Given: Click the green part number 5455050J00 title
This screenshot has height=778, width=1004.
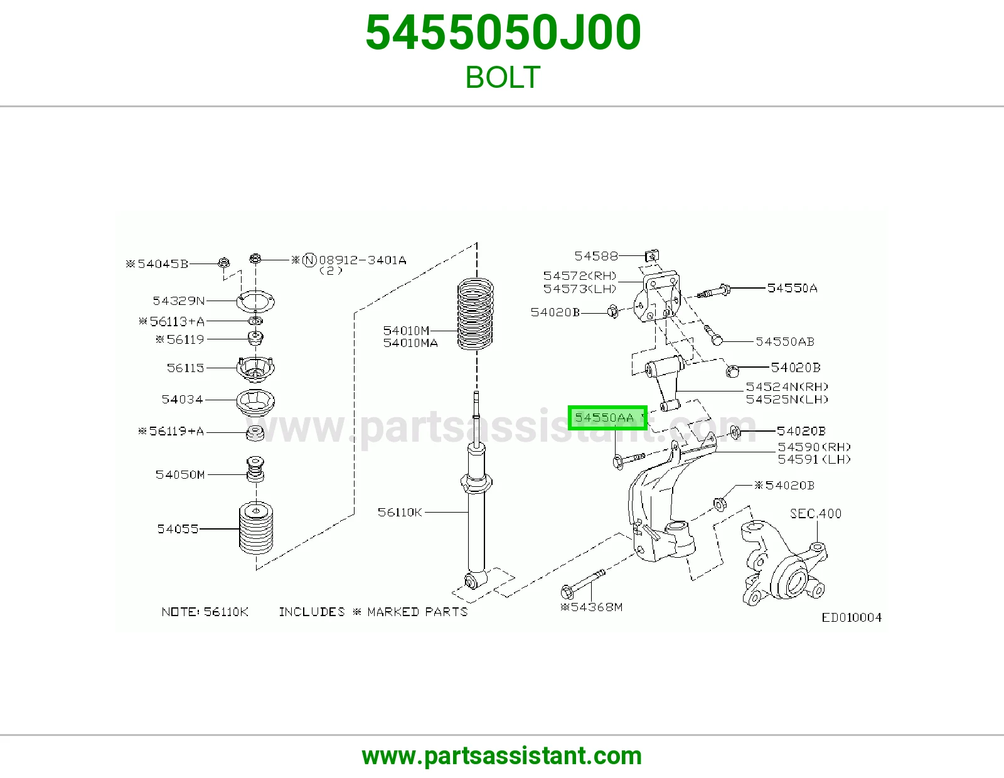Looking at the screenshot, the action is pyautogui.click(x=503, y=33).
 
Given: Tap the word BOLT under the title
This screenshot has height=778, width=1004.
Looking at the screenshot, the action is pyautogui.click(x=503, y=77).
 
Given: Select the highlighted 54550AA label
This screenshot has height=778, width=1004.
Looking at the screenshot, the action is pyautogui.click(x=607, y=418).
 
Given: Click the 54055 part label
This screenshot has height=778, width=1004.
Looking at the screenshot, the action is pyautogui.click(x=178, y=528).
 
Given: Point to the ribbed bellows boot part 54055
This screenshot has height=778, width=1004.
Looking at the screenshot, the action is pyautogui.click(x=255, y=528).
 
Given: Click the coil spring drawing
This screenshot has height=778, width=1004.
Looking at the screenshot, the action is pyautogui.click(x=475, y=314).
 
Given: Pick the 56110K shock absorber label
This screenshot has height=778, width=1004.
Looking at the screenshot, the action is pyautogui.click(x=400, y=512).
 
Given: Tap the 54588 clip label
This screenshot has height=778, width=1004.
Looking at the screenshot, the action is pyautogui.click(x=596, y=255).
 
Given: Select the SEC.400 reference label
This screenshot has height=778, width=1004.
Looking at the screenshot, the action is pyautogui.click(x=816, y=513).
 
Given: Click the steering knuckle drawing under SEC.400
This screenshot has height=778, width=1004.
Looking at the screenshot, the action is pyautogui.click(x=783, y=563).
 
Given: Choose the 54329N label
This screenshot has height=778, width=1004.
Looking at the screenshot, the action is pyautogui.click(x=178, y=301).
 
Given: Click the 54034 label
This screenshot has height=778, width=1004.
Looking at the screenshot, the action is pyautogui.click(x=182, y=399).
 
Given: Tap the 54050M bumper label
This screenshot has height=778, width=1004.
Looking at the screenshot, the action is pyautogui.click(x=179, y=474).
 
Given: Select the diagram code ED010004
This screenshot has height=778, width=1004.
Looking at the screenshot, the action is pyautogui.click(x=852, y=617).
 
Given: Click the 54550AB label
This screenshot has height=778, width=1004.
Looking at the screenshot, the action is pyautogui.click(x=785, y=341).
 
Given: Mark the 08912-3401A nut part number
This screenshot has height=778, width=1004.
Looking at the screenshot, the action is pyautogui.click(x=363, y=260).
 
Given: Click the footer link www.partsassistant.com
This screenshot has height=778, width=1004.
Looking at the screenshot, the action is pyautogui.click(x=502, y=756).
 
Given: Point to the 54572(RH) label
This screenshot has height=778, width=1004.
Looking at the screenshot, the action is pyautogui.click(x=580, y=276).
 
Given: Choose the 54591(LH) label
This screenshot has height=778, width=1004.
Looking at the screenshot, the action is pyautogui.click(x=814, y=459).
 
